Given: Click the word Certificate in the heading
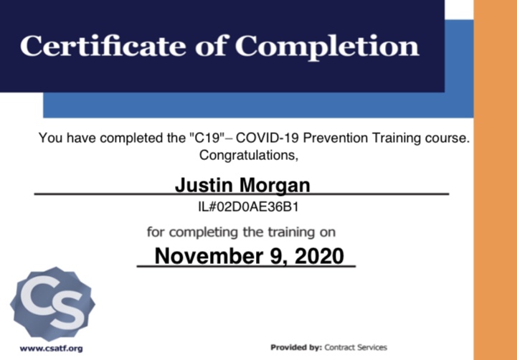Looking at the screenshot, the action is coord(103,45).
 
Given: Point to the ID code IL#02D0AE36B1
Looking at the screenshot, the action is coord(248,207).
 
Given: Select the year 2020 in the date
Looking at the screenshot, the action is coord(319,256).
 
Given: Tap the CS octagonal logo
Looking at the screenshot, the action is coord(53,304).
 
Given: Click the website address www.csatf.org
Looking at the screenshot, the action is coord(51,349).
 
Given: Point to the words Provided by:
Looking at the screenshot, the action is coord(296,348).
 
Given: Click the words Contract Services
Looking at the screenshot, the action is coord(356,348).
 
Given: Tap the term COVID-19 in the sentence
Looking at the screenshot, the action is coord(267,138).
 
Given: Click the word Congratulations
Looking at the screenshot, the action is coord(249,155).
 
